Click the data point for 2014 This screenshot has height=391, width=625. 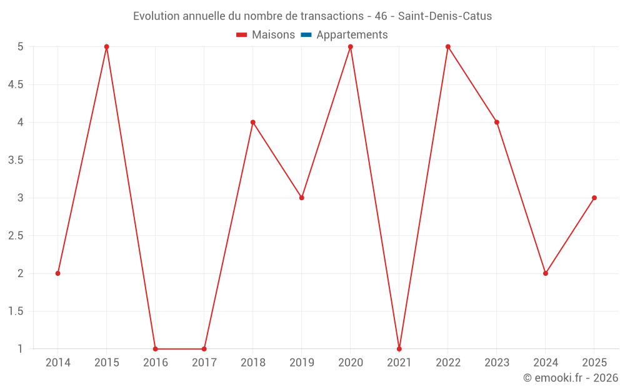coord(57,273)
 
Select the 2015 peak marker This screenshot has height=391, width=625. coord(106,47)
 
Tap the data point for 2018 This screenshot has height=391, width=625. coord(252,122)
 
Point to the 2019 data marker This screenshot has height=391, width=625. coord(302,198)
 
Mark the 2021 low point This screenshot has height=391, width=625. coord(399,348)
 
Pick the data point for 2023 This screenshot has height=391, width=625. coord(497,122)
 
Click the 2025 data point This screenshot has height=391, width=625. coord(594,198)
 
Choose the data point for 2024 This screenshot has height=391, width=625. coord(545,273)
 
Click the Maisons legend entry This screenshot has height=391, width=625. coord(266,34)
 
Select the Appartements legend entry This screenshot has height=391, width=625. coord(344,34)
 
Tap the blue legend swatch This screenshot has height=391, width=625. coord(306,34)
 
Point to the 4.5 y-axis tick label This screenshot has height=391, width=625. coord(16,84)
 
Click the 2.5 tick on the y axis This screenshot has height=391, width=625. coord(16,235)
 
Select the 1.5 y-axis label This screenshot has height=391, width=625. coord(16,311)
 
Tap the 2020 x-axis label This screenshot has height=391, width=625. coord(351,362)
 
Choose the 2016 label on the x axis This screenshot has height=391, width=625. coord(156,362)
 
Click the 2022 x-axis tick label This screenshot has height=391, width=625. coord(448,362)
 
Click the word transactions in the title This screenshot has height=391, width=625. coord(332,16)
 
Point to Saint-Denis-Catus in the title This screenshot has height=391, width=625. coord(445,16)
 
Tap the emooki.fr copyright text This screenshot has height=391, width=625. coord(571,377)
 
